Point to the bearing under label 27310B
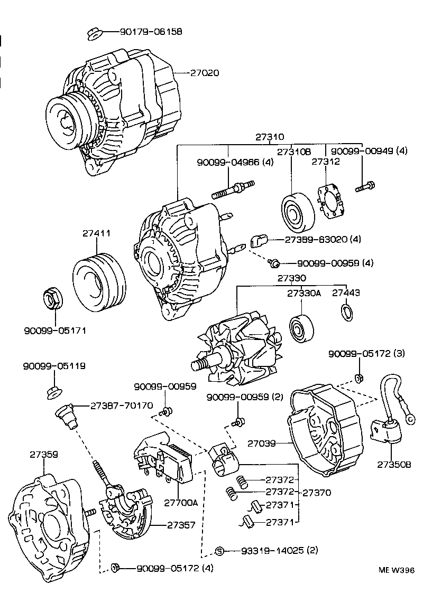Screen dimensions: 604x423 294,212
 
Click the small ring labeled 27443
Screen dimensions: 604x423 346,312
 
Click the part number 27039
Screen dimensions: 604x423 262,445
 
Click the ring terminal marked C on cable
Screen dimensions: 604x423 409,420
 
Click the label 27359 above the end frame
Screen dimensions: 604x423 43,454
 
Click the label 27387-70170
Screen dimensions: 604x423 121,405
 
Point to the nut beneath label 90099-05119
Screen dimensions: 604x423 53,392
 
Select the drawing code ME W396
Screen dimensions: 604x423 396,570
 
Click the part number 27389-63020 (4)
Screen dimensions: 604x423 323,239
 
